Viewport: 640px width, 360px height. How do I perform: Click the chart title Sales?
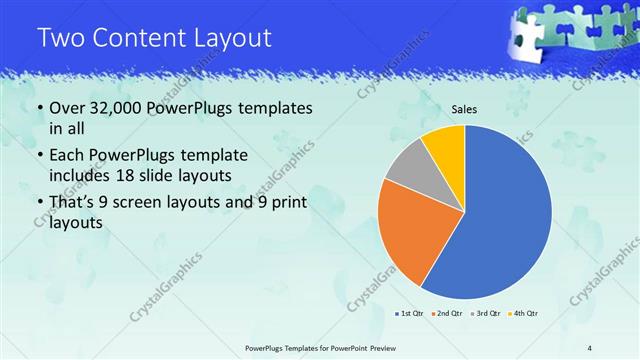(465, 109)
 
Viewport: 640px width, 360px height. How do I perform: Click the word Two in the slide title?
(60, 38)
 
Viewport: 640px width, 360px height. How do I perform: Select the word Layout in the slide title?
(233, 38)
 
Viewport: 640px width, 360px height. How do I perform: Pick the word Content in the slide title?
(139, 38)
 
